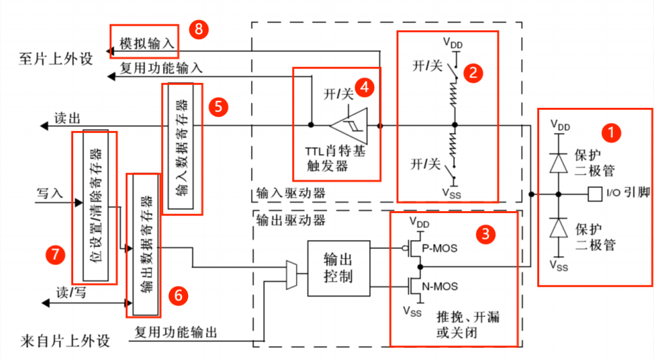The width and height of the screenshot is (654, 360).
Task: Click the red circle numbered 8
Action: tap(198, 30)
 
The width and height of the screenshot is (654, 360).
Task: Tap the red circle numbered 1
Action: tap(612, 132)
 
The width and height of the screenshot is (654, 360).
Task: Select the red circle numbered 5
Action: tap(219, 107)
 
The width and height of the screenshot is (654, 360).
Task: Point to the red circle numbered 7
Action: tap(55, 255)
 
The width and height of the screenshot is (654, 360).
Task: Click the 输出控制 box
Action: tap(339, 268)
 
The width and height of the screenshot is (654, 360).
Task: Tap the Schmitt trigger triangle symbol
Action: tap(349, 125)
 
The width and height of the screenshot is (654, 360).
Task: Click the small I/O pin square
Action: tap(595, 194)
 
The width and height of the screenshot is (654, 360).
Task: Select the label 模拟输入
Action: tap(147, 43)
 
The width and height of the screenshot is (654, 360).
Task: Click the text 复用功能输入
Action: tap(162, 68)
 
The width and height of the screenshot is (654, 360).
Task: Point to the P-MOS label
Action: tap(440, 248)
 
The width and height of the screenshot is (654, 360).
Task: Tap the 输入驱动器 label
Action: tap(291, 193)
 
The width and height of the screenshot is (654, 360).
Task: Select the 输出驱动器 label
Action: tap(291, 220)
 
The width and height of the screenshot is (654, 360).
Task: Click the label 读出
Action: tap(67, 119)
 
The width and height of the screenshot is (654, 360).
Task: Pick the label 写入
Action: tap(49, 193)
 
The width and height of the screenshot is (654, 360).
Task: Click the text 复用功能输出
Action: tap(176, 332)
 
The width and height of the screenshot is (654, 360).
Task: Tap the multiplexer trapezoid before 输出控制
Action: tap(291, 275)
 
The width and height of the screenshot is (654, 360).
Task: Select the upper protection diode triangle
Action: tap(558, 163)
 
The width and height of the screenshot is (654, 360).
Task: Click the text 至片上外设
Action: tap(55, 59)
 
